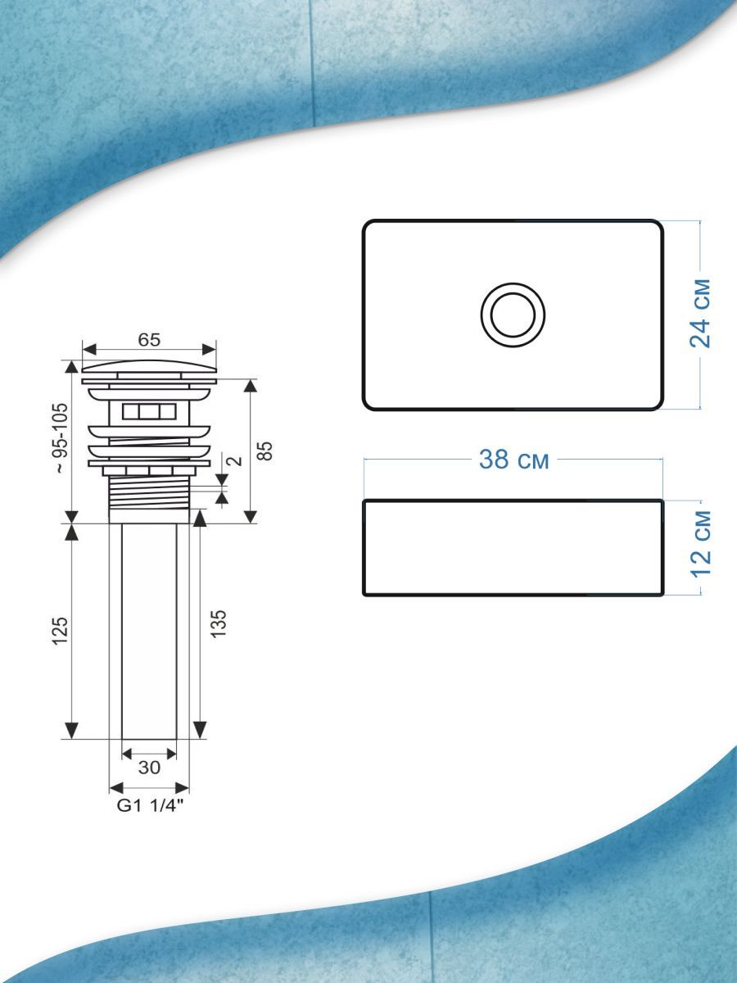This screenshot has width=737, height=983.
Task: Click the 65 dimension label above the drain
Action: pos(149,340)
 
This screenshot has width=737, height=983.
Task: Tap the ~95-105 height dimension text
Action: pos(61,438)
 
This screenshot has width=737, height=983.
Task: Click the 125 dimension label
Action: pos(61,631)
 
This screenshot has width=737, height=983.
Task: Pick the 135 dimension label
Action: pos(219,623)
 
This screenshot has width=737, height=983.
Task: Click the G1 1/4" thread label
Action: pos(151,805)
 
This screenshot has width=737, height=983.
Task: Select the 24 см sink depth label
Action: pos(700,313)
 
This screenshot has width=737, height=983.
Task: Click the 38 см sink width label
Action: pos(513,459)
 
